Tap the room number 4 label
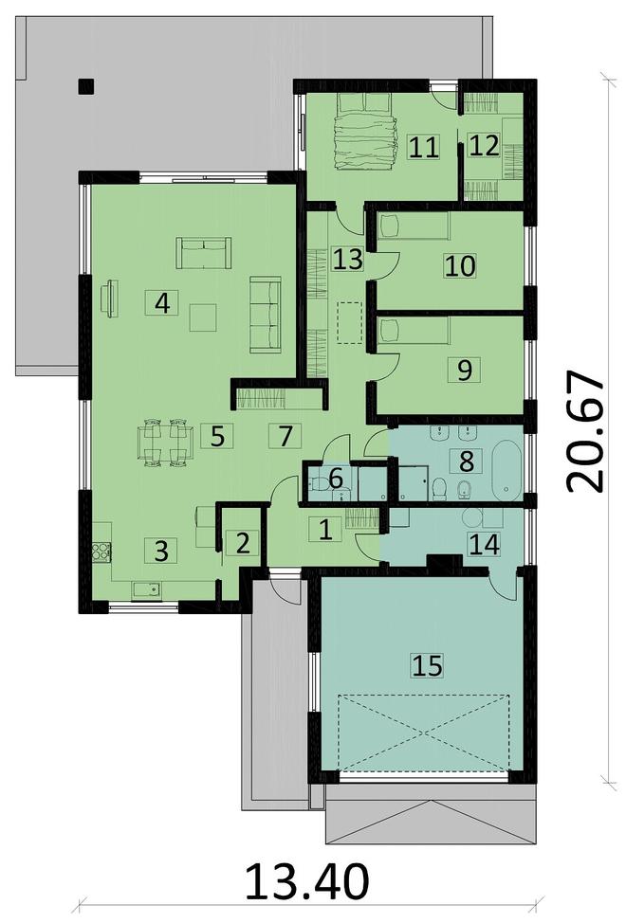click(x=161, y=304)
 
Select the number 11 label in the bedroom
click(x=423, y=147)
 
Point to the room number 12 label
click(x=484, y=146)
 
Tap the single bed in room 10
click(x=413, y=226)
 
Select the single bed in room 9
click(x=413, y=331)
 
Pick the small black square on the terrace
click(x=86, y=86)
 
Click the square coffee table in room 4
click(x=202, y=317)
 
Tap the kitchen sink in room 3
click(x=145, y=589)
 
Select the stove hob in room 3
click(x=101, y=552)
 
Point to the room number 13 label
click(x=347, y=260)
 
